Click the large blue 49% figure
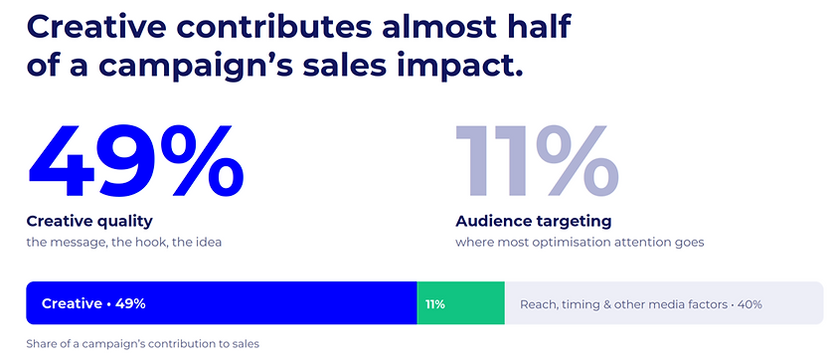pyautogui.click(x=136, y=161)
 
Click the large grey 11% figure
pyautogui.click(x=537, y=161)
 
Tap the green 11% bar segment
pyautogui.click(x=460, y=303)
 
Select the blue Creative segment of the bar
pyautogui.click(x=222, y=303)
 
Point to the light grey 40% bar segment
pyautogui.click(x=664, y=303)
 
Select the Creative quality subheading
pyautogui.click(x=89, y=222)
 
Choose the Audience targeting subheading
pyautogui.click(x=534, y=222)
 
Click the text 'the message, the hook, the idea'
pyautogui.click(x=124, y=244)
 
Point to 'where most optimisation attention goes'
pyautogui.click(x=580, y=244)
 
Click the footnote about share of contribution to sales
pyautogui.click(x=142, y=344)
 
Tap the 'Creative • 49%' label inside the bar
pyautogui.click(x=93, y=304)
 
